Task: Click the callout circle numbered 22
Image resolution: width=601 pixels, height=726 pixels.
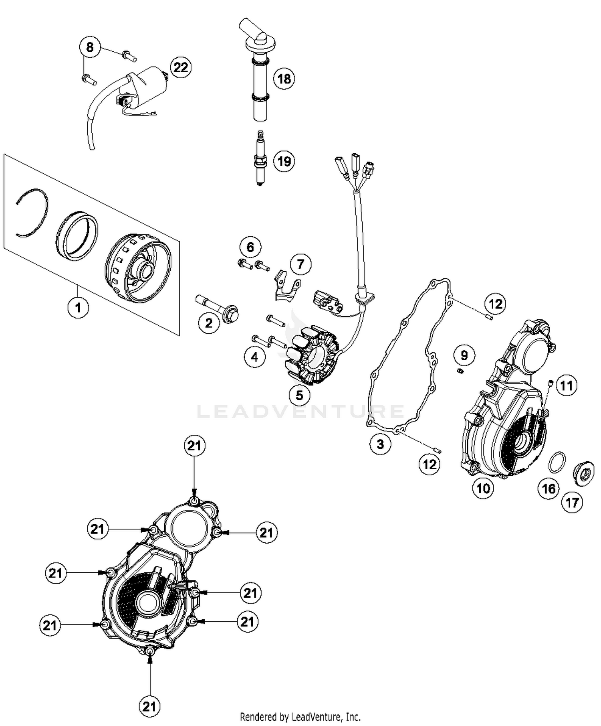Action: [x=180, y=67]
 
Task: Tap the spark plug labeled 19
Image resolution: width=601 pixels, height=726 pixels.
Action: [x=260, y=160]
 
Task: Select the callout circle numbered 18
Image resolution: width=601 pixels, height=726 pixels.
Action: [x=284, y=79]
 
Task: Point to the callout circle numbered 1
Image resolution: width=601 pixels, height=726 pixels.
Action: [x=78, y=308]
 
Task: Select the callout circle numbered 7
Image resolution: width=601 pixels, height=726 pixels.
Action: [x=300, y=264]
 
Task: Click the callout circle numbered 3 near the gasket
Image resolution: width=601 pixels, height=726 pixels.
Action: [x=380, y=444]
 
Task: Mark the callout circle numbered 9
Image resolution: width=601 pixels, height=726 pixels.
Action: [x=464, y=355]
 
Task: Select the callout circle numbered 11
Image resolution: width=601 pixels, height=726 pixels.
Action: [x=566, y=386]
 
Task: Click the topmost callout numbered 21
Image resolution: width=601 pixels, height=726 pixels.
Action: [x=194, y=446]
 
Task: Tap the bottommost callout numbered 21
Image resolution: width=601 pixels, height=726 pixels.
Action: [x=149, y=706]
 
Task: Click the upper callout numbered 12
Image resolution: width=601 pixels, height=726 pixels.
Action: [x=496, y=304]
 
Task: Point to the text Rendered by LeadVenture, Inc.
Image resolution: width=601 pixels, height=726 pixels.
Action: [x=300, y=716]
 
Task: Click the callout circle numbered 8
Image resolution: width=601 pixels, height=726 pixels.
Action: [x=90, y=47]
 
